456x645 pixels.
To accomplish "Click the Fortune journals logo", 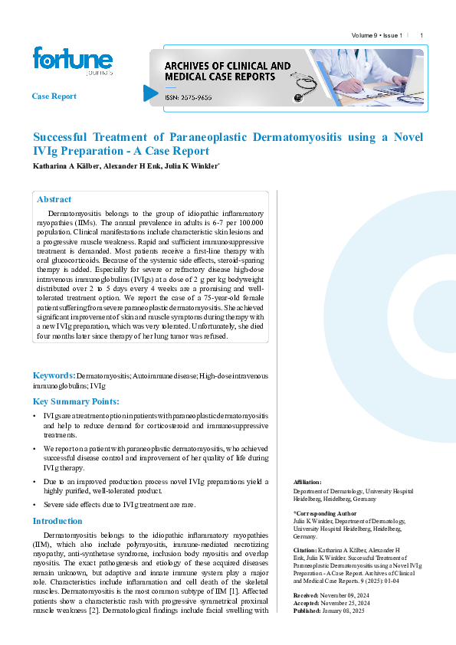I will click(x=72, y=61).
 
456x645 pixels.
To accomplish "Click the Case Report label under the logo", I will click(x=54, y=97).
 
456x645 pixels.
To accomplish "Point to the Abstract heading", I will click(x=54, y=199).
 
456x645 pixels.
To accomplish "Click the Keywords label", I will click(x=54, y=375).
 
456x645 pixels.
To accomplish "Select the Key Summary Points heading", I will click(x=76, y=401).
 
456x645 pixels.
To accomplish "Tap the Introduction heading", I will click(x=57, y=521).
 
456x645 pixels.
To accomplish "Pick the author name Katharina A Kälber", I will click(x=63, y=166).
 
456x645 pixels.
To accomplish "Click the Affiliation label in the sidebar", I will click(x=307, y=482).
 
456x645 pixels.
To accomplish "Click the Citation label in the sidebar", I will click(x=306, y=550).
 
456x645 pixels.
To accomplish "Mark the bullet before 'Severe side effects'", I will click(x=34, y=506).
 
